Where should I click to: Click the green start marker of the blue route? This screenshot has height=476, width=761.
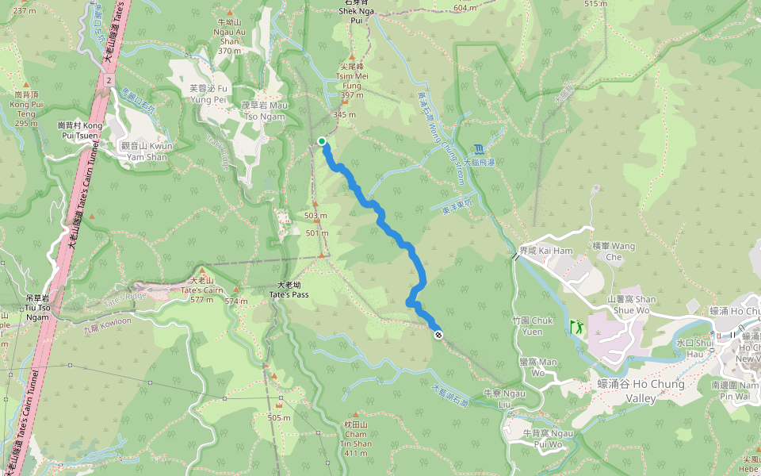323,141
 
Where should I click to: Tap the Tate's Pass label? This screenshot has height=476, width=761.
293,290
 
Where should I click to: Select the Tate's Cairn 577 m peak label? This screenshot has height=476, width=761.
202,290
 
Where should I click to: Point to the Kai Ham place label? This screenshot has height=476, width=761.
534,251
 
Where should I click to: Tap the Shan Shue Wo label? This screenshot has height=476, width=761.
631,305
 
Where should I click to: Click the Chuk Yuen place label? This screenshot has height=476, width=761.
533,326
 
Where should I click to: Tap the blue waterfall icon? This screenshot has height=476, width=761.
479,148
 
